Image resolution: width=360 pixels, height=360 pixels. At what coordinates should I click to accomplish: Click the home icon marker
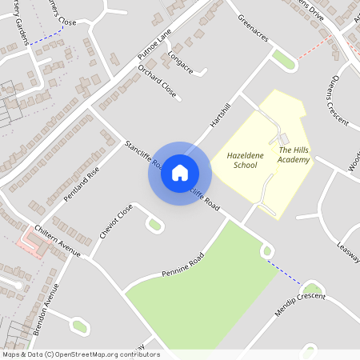pyautogui.click(x=179, y=172)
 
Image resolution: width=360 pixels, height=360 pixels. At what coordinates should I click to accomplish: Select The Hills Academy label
pyautogui.click(x=292, y=154)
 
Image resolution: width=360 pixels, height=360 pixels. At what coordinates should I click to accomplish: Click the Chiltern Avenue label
pyautogui.click(x=58, y=240)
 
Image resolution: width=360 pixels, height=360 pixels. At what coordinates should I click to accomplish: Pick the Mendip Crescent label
pyautogui.click(x=300, y=303)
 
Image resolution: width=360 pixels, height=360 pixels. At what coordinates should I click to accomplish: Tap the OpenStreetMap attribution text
pyautogui.click(x=81, y=354)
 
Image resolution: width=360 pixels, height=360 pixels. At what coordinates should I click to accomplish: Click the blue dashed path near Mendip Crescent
pyautogui.click(x=284, y=272)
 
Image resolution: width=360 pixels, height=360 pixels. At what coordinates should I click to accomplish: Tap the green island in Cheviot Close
pyautogui.click(x=154, y=225)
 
